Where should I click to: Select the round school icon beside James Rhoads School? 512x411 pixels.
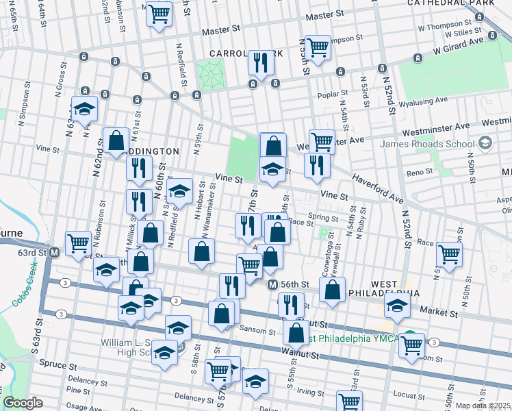coord(486,143)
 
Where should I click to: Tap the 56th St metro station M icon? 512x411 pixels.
coord(272,284)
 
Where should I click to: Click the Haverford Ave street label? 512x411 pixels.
coord(379,187)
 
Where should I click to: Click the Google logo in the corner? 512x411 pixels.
coord(23,403)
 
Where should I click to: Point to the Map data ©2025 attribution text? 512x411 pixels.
coord(483,406)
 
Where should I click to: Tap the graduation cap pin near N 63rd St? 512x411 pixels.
coord(84,110)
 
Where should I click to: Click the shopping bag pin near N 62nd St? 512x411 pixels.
coord(116,141)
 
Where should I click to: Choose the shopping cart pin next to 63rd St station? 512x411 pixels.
coord(78,242)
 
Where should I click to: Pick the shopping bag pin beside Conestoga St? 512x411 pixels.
coord(332,289)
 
